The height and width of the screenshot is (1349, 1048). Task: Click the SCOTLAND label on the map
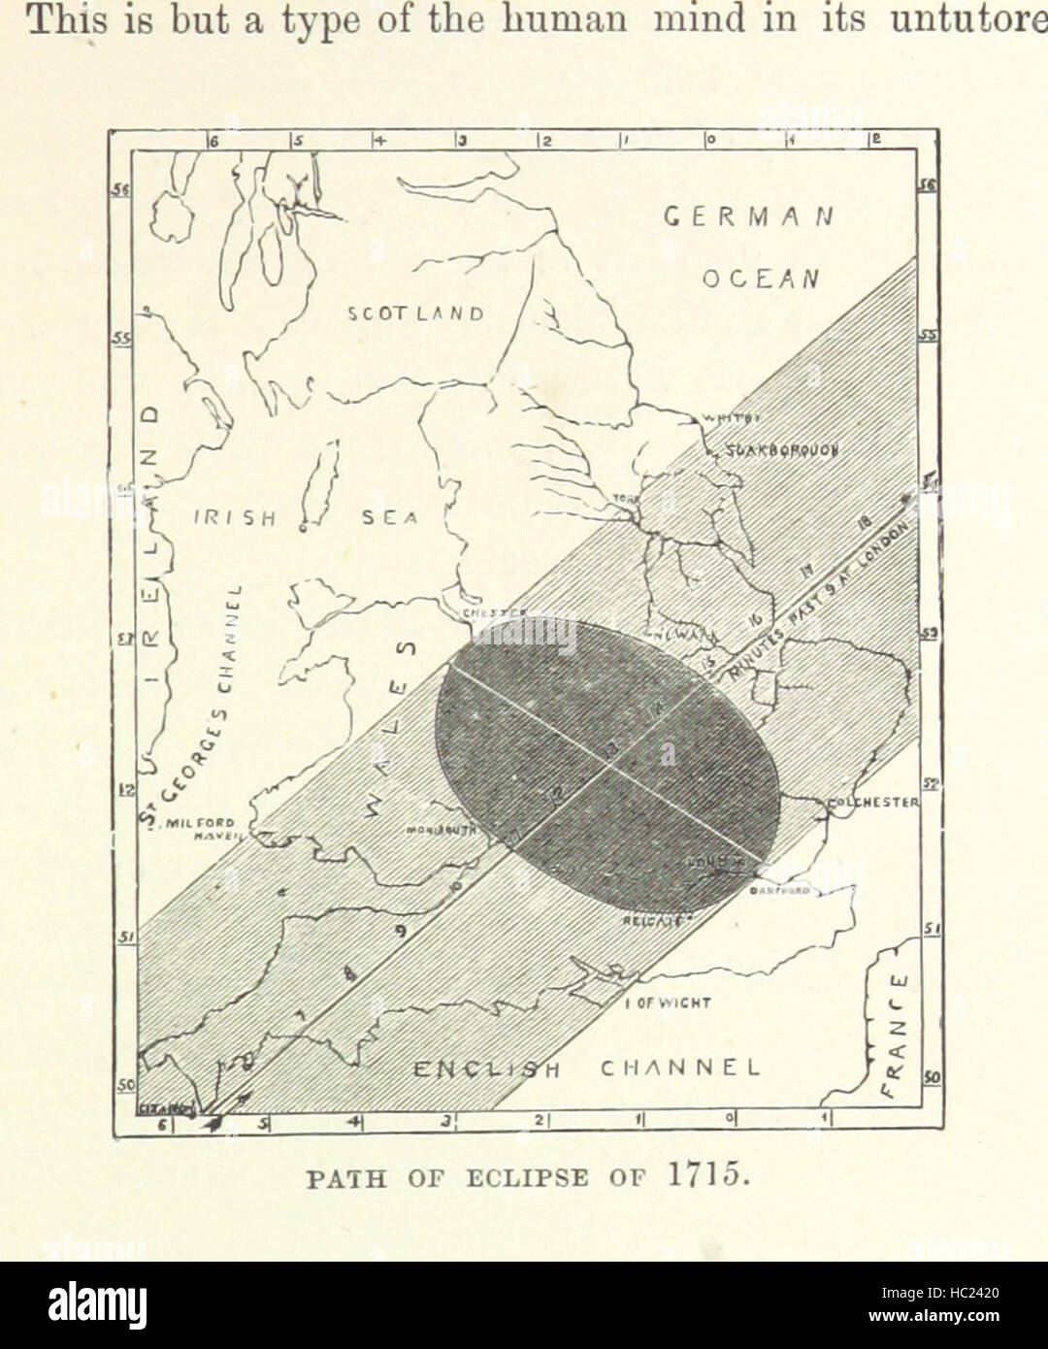[415, 313]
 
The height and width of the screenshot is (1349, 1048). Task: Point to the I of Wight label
[668, 1003]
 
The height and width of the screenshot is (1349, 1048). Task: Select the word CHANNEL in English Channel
[678, 1068]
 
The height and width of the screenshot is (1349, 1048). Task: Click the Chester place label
[493, 612]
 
